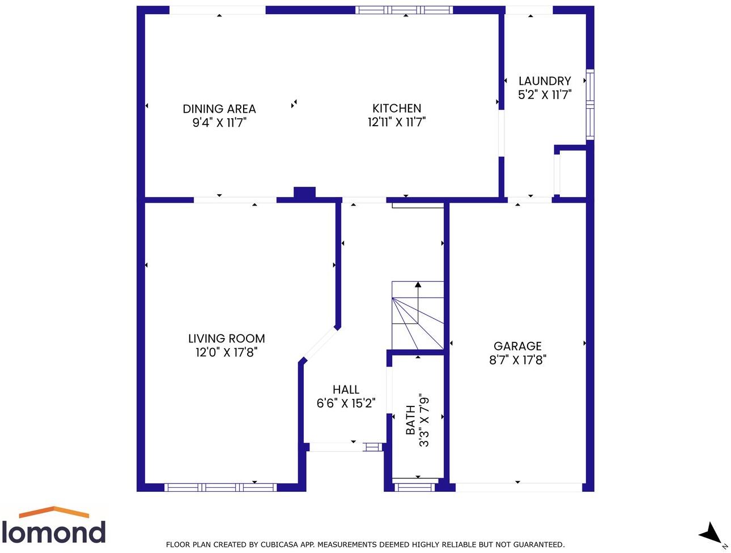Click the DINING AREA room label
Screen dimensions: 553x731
(219, 109)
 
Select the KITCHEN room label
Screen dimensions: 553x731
(397, 108)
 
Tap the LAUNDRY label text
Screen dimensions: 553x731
(545, 81)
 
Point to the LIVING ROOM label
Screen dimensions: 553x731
(227, 338)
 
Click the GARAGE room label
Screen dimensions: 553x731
(517, 346)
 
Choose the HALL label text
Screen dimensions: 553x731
(346, 389)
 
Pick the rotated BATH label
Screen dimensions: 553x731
(410, 420)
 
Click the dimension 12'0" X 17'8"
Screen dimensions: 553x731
(227, 353)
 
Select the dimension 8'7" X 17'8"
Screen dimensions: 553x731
(517, 360)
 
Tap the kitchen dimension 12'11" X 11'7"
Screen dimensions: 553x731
(397, 122)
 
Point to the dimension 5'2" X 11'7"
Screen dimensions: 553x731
(545, 95)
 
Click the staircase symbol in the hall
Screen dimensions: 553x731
(418, 316)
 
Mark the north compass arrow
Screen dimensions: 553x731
(711, 534)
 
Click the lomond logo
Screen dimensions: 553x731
(54, 526)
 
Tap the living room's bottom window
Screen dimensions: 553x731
(220, 487)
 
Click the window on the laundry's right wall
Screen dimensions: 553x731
(589, 104)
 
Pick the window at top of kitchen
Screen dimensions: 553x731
(404, 10)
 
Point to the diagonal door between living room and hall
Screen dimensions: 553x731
(319, 344)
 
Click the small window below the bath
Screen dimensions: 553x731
(415, 486)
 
